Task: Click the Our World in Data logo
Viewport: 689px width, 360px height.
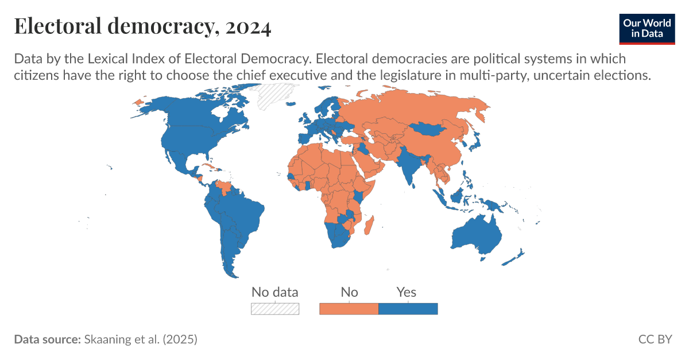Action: (647, 28)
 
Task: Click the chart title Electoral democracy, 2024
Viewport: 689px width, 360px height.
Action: (142, 27)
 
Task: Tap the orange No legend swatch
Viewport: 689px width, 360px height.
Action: (349, 309)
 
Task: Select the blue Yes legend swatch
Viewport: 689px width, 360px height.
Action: (408, 309)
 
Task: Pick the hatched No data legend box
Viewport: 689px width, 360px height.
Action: (275, 309)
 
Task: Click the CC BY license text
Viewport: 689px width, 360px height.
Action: (655, 339)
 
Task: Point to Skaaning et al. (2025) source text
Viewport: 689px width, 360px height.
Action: (141, 339)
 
